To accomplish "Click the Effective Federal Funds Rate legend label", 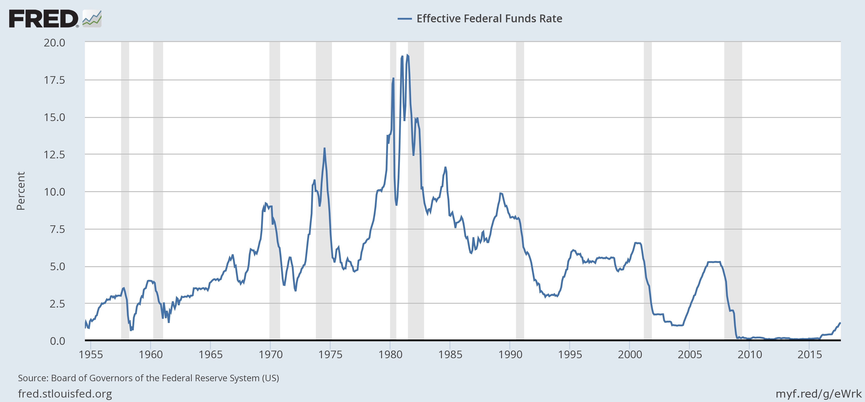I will [489, 19].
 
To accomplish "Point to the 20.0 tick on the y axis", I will [55, 43].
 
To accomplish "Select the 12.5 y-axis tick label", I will [55, 155].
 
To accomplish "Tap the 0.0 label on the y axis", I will [57, 341].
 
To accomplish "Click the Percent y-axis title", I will [21, 191].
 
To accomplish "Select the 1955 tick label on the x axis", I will [91, 354].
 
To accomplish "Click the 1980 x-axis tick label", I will [390, 354].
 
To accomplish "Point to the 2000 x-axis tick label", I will [630, 354].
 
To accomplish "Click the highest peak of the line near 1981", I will [407, 55].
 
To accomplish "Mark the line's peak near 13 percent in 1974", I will [324, 148].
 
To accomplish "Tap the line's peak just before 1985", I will [445, 167].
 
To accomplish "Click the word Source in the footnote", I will [33, 378].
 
